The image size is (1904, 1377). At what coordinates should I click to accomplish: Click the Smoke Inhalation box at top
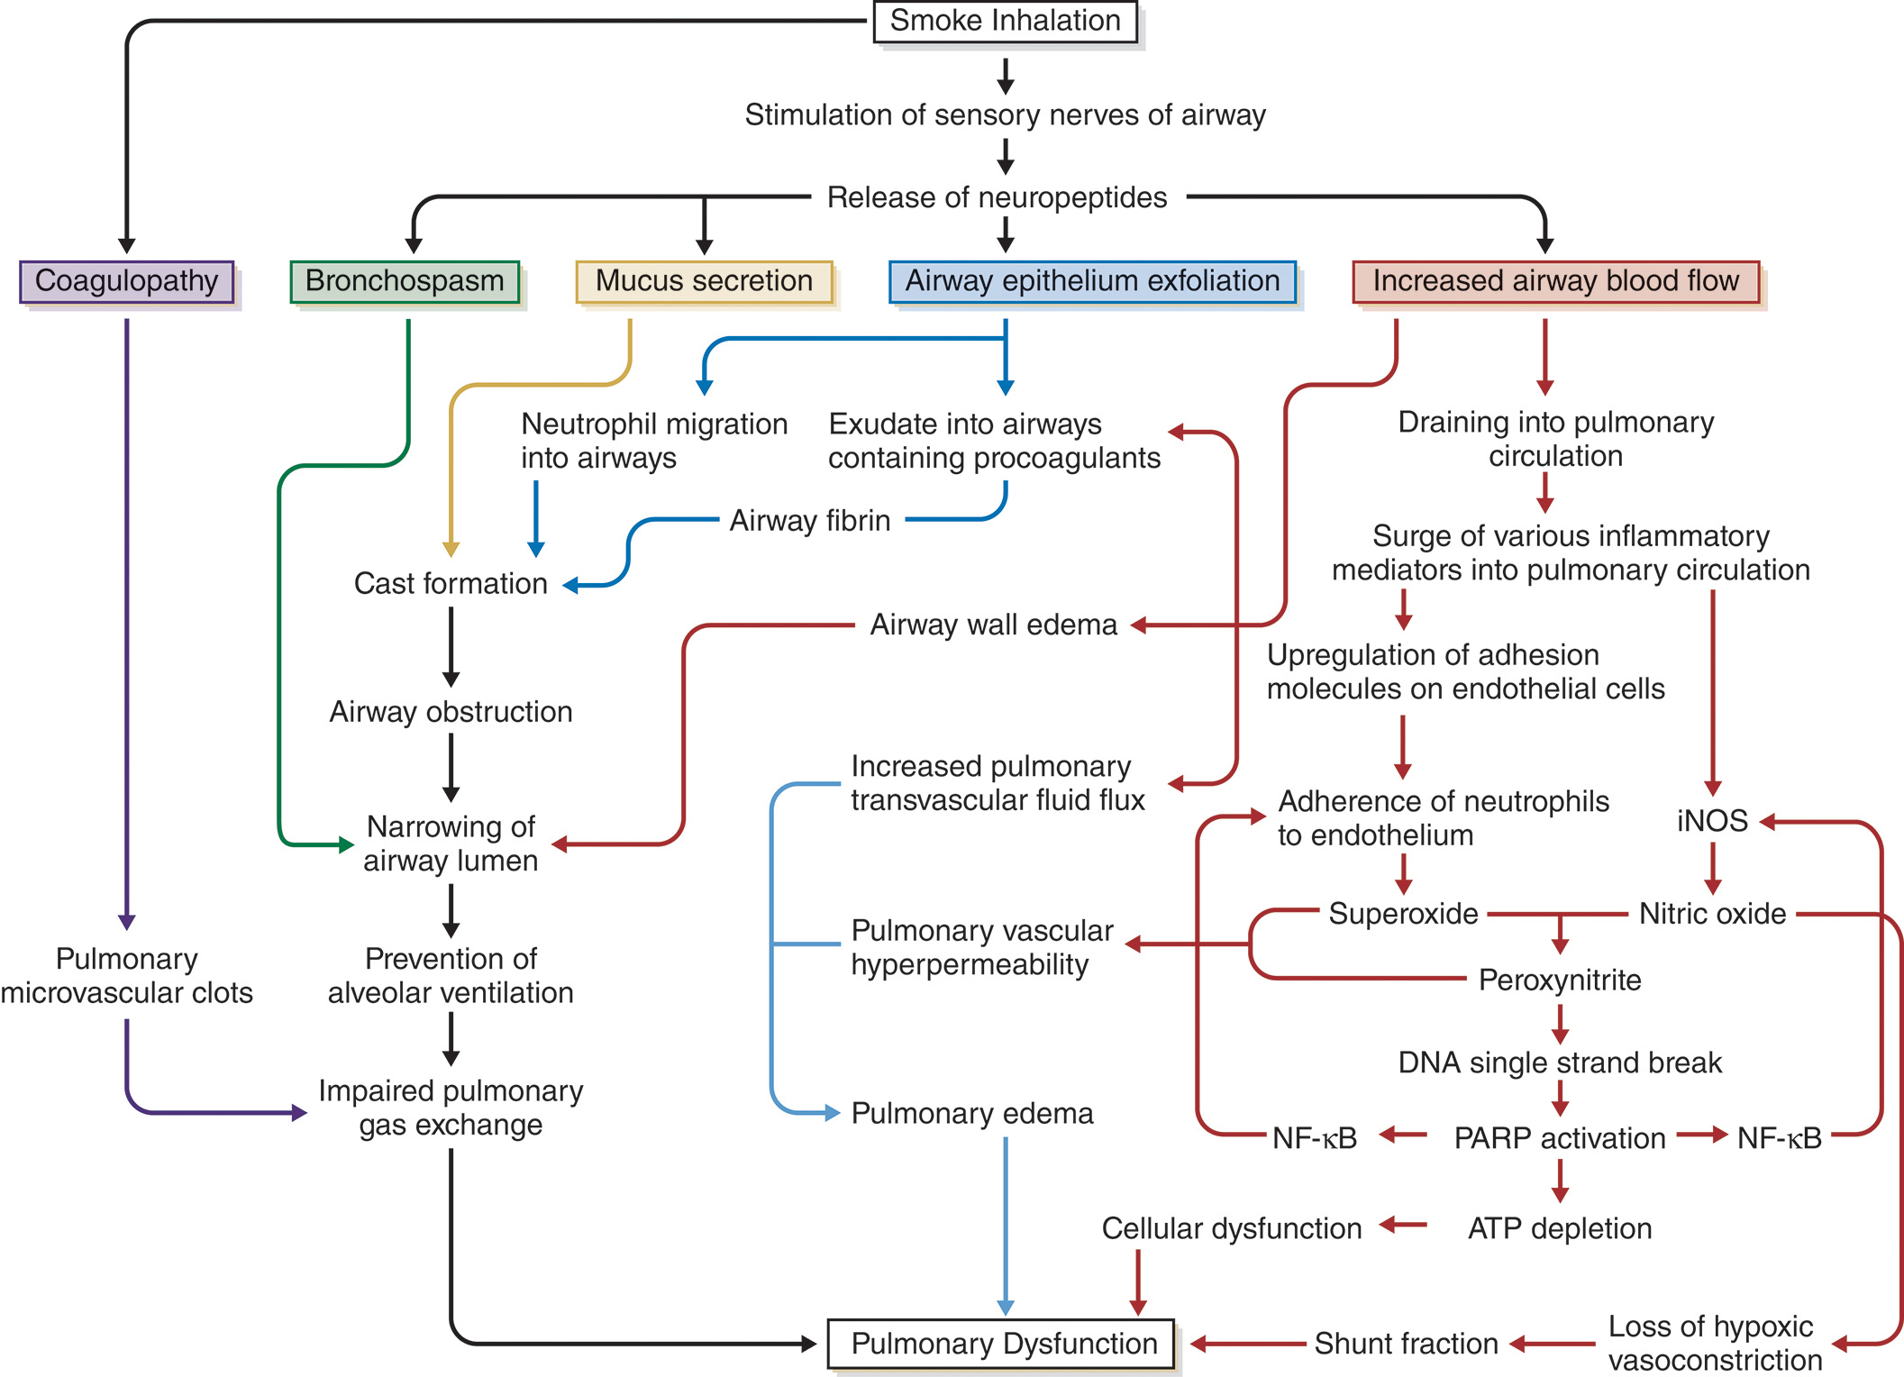1005,21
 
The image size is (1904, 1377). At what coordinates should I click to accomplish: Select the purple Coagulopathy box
126,281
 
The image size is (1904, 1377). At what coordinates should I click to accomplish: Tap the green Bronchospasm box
405,281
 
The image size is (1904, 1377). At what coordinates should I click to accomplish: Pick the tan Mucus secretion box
704,281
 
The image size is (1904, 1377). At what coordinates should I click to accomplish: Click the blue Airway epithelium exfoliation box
1092,281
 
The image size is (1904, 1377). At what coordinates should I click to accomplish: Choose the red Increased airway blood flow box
1555,281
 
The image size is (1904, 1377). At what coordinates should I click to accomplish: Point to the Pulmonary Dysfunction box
1002,1344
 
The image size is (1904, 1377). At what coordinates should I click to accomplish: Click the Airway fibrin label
809,521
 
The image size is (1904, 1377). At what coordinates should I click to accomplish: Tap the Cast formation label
451,584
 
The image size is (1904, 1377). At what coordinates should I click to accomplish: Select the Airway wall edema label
993,625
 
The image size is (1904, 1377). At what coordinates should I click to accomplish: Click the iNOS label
1712,821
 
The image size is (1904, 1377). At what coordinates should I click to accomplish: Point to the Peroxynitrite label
1560,980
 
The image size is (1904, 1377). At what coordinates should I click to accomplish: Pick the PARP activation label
1560,1138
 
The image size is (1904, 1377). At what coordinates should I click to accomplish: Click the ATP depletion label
1560,1228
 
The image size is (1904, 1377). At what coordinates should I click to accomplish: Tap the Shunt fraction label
1406,1344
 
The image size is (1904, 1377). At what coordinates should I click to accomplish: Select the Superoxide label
1403,914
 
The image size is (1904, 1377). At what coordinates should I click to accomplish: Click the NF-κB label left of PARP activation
1315,1138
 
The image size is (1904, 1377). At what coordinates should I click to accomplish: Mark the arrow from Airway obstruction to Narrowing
451,767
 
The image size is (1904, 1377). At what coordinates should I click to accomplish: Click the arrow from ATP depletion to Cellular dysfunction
1403,1225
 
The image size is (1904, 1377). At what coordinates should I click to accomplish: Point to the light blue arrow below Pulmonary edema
1006,1226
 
